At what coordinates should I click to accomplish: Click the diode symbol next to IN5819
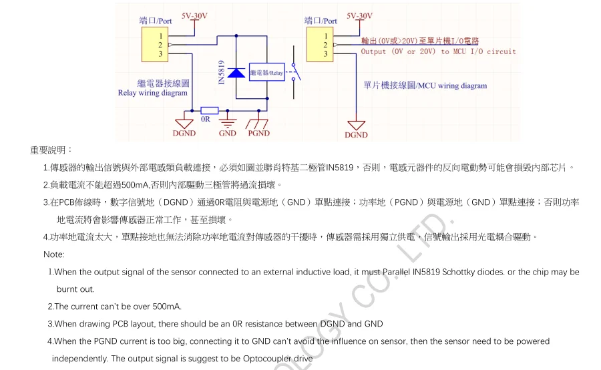click(x=236, y=72)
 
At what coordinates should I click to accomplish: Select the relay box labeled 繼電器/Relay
click(x=267, y=72)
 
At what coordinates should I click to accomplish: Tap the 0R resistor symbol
click(x=209, y=110)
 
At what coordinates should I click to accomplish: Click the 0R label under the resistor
click(x=206, y=121)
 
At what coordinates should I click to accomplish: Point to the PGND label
click(x=258, y=134)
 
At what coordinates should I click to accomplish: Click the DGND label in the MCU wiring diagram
click(x=356, y=135)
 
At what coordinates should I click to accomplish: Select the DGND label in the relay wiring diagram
click(x=184, y=134)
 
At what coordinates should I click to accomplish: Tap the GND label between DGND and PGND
click(x=228, y=134)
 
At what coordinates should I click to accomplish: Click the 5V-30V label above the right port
click(x=360, y=15)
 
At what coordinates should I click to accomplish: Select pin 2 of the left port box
click(x=160, y=45)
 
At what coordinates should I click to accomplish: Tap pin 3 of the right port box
click(x=326, y=53)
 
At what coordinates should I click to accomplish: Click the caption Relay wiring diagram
click(x=152, y=94)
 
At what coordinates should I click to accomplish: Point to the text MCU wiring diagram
click(x=453, y=86)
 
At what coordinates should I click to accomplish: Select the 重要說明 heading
click(x=51, y=150)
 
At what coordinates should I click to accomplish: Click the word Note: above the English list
click(x=53, y=254)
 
